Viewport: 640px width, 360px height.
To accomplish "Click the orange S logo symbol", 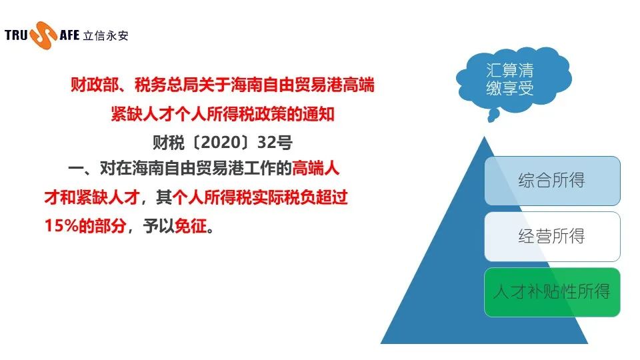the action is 43,35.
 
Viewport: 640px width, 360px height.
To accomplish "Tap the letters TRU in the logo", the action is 16,35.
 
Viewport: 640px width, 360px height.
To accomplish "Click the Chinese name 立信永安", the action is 106,35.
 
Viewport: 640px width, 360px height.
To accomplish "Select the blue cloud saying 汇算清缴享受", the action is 513,77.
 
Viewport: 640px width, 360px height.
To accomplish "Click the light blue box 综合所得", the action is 552,181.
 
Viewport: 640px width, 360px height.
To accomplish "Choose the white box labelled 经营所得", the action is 552,237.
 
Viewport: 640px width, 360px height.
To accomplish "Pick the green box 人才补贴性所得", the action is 552,292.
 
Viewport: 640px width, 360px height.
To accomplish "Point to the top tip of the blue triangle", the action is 485,137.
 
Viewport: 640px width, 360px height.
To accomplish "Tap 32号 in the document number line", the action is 275,143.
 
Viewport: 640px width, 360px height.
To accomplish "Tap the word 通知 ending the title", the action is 319,114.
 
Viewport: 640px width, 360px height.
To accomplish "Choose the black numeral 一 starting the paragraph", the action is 76,169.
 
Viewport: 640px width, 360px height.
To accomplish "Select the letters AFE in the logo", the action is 69,35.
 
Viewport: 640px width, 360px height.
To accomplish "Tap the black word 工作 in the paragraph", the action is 260,168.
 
